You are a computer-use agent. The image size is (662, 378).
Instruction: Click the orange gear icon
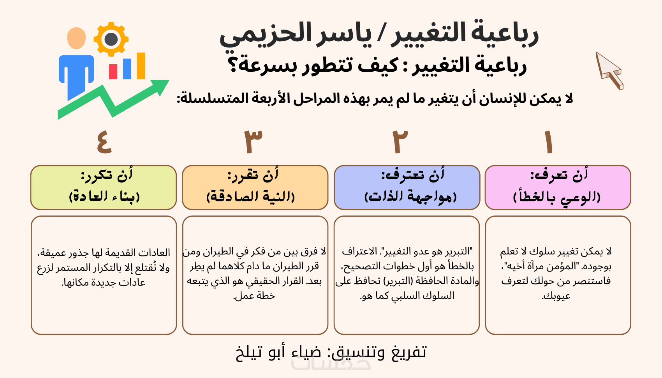(x=111, y=39)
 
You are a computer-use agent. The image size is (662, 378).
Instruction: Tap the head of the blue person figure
(x=77, y=38)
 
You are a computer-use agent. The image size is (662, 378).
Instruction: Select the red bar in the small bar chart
(x=113, y=72)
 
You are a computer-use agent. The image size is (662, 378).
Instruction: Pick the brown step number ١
(x=549, y=142)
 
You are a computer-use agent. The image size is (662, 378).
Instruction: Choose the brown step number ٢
(x=400, y=142)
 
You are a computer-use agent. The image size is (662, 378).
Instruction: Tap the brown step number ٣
(x=253, y=142)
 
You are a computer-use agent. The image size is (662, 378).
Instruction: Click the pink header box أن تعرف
(x=558, y=187)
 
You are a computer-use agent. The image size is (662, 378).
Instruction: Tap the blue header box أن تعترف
(x=407, y=187)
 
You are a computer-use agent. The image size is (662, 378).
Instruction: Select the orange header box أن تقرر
(x=255, y=187)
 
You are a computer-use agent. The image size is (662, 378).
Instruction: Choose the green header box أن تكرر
(x=104, y=187)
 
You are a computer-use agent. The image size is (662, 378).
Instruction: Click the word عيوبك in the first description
(x=556, y=296)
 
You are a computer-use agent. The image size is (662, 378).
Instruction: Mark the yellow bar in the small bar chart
(x=141, y=66)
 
